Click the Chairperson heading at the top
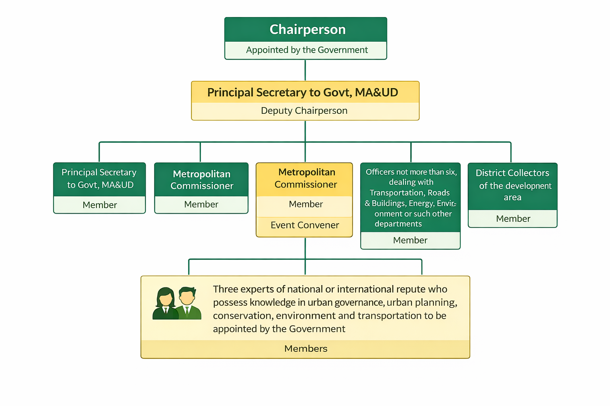tap(307, 30)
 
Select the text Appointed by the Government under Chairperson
tap(307, 50)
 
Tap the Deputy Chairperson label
tap(304, 111)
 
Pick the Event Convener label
tap(305, 225)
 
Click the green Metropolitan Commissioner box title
tap(202, 180)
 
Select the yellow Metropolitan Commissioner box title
tap(306, 178)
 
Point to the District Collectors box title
tap(513, 185)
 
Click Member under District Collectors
tap(513, 219)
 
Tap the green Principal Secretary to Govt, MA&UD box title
tap(99, 178)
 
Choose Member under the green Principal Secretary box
tap(100, 205)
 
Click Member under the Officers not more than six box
tap(410, 240)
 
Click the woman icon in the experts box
tap(165, 304)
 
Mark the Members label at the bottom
tap(306, 349)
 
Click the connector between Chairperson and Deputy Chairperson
tap(305, 70)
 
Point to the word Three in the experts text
tap(226, 289)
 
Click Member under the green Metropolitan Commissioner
tap(201, 204)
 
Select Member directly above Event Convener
tap(306, 204)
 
